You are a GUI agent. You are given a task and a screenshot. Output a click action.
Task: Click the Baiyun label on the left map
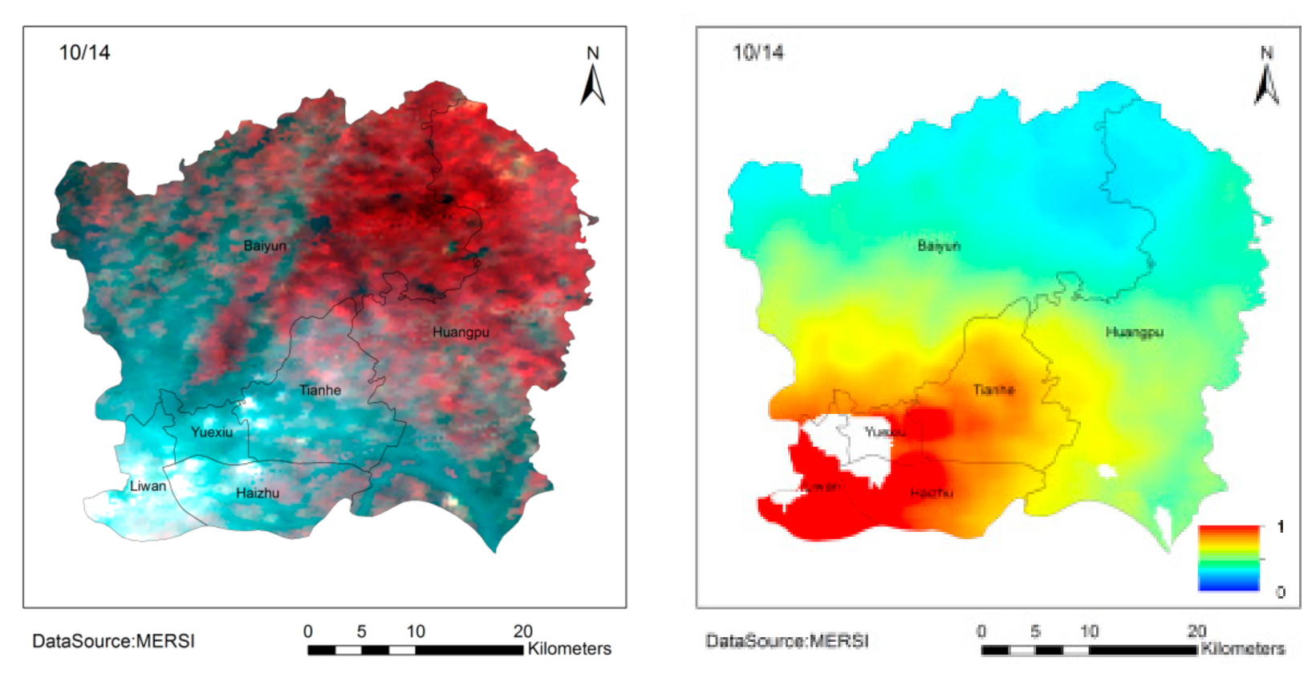[265, 246]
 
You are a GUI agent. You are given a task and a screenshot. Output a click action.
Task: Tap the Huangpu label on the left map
[461, 332]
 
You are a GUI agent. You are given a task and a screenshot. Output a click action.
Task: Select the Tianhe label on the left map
[320, 391]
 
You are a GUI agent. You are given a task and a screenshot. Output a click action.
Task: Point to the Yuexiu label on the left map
[212, 432]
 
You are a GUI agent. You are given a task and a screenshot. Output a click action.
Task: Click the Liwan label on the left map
[148, 485]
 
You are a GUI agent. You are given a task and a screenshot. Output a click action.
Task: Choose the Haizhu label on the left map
[258, 493]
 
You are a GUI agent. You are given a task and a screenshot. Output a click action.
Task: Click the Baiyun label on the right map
[939, 246]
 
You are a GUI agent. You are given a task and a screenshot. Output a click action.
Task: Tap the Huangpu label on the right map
[1134, 332]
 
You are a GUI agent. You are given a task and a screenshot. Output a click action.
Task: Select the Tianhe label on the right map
[993, 390]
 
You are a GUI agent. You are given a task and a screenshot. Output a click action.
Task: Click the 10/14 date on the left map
[84, 53]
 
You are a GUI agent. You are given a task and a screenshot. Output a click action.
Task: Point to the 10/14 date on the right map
[758, 53]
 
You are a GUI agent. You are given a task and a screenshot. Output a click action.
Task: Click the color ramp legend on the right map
[1229, 558]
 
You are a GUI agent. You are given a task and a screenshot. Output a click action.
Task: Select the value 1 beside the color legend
[1281, 526]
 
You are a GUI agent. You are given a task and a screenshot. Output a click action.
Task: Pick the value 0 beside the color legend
[1281, 592]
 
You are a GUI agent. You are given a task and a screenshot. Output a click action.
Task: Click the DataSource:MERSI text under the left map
[113, 641]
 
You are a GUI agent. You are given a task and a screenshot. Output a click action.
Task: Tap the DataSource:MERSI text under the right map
[787, 641]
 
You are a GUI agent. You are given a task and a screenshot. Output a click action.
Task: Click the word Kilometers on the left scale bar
[569, 648]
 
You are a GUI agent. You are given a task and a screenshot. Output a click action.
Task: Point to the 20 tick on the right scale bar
[1196, 631]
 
